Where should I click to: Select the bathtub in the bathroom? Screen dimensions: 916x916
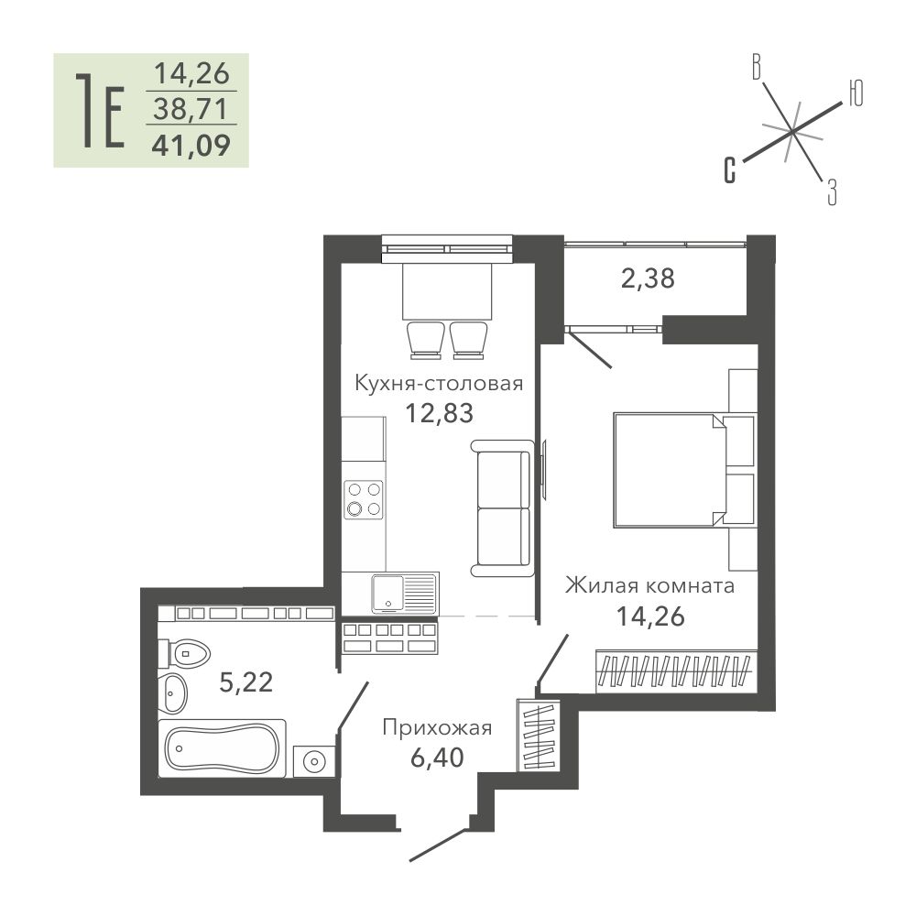pos(222,748)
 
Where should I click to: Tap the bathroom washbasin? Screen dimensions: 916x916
pos(173,693)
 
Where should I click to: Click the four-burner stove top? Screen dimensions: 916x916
pos(364,499)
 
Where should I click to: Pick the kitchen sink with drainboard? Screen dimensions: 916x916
pos(404,593)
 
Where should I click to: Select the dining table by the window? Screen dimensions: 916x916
pos(447,291)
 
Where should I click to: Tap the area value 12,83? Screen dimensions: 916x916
pos(440,414)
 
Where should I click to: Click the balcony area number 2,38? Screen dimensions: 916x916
pos(648,278)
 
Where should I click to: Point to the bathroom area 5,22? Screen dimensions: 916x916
pos(245,682)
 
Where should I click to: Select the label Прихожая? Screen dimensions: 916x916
pos(437,728)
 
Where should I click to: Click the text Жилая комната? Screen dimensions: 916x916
pos(649,584)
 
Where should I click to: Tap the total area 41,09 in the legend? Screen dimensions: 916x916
pos(191,145)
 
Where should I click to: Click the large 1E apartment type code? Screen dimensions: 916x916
pos(101,111)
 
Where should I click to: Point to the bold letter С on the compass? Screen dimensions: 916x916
pos(730,170)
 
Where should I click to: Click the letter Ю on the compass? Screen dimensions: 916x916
pos(856,93)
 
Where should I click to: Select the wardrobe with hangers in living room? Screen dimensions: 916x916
pos(676,671)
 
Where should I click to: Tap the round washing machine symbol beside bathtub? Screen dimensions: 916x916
pos(314,762)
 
